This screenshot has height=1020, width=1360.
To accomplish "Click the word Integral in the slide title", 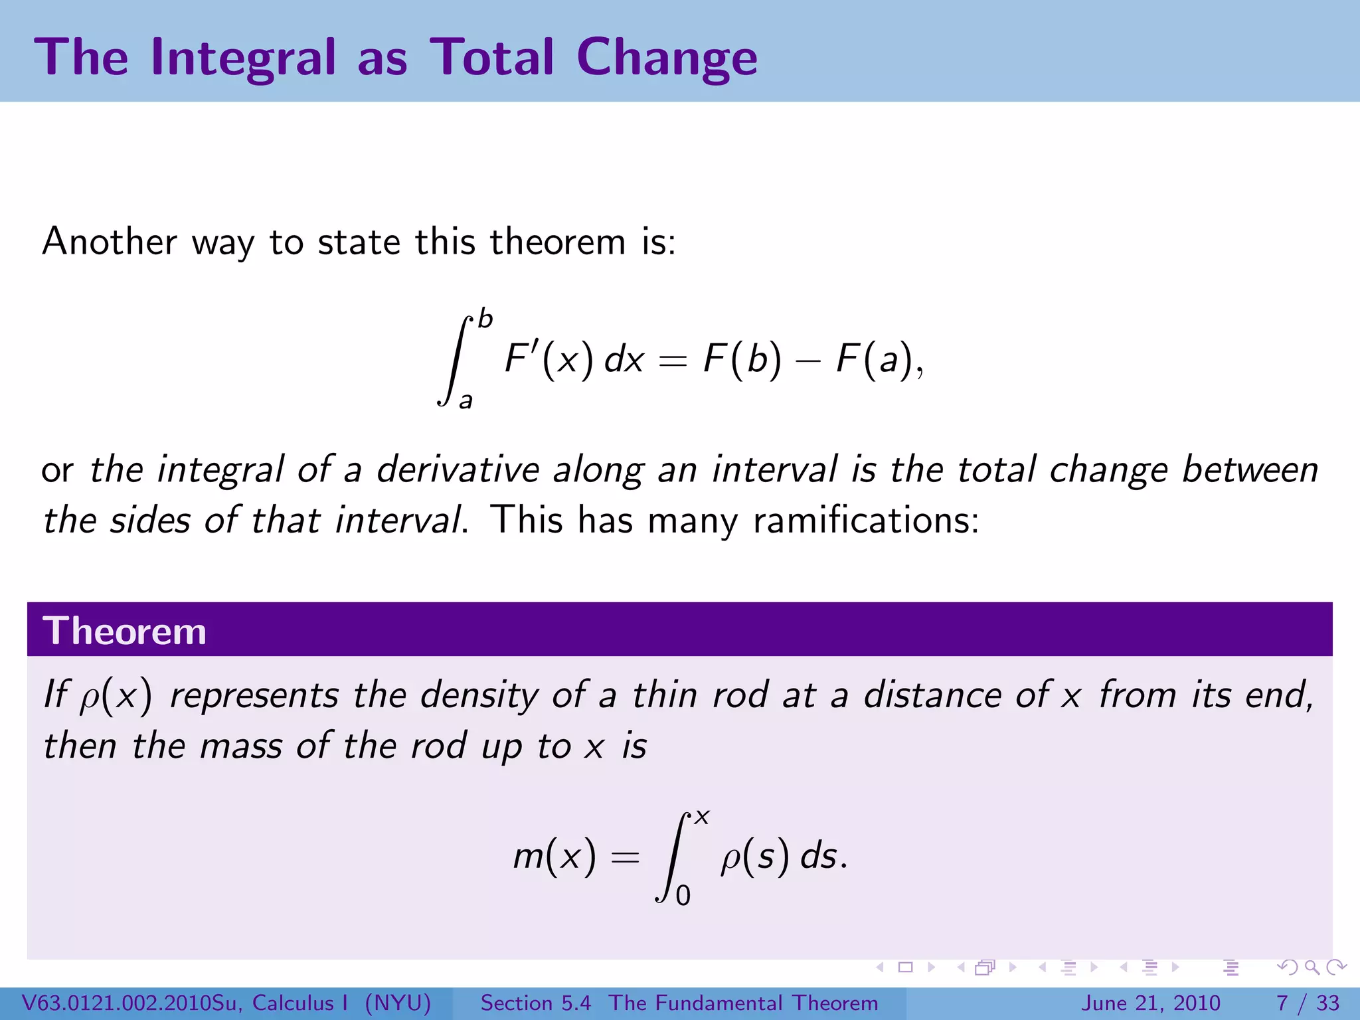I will pos(244,58).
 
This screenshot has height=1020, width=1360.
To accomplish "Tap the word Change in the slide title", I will pos(667,58).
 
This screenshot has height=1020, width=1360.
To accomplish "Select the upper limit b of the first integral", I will pos(485,319).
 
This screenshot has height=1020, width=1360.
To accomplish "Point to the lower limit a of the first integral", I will pos(466,400).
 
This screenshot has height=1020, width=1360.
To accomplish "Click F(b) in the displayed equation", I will pos(742,359).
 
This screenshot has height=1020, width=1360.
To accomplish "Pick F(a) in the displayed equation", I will pos(875,359).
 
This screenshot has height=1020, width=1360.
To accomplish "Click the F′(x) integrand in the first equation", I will pos(549,359).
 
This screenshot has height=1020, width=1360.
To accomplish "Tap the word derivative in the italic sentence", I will pos(458,469).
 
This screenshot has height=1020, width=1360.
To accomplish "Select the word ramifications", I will pos(866,520).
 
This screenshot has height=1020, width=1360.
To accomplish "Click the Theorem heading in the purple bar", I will pos(124,630).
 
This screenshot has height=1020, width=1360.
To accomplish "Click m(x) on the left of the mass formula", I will pos(554,855).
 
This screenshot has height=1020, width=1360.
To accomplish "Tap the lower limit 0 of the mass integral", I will pos(683,896).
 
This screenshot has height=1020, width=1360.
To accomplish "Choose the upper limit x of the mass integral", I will pos(702,817).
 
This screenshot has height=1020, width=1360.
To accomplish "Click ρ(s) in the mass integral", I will pos(756,855).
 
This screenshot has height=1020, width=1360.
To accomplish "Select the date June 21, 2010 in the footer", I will pos(1151,1003).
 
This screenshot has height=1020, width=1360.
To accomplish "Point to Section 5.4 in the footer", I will pos(535,1003).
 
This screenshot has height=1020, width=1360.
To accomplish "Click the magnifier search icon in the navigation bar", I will pos(1312,968).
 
